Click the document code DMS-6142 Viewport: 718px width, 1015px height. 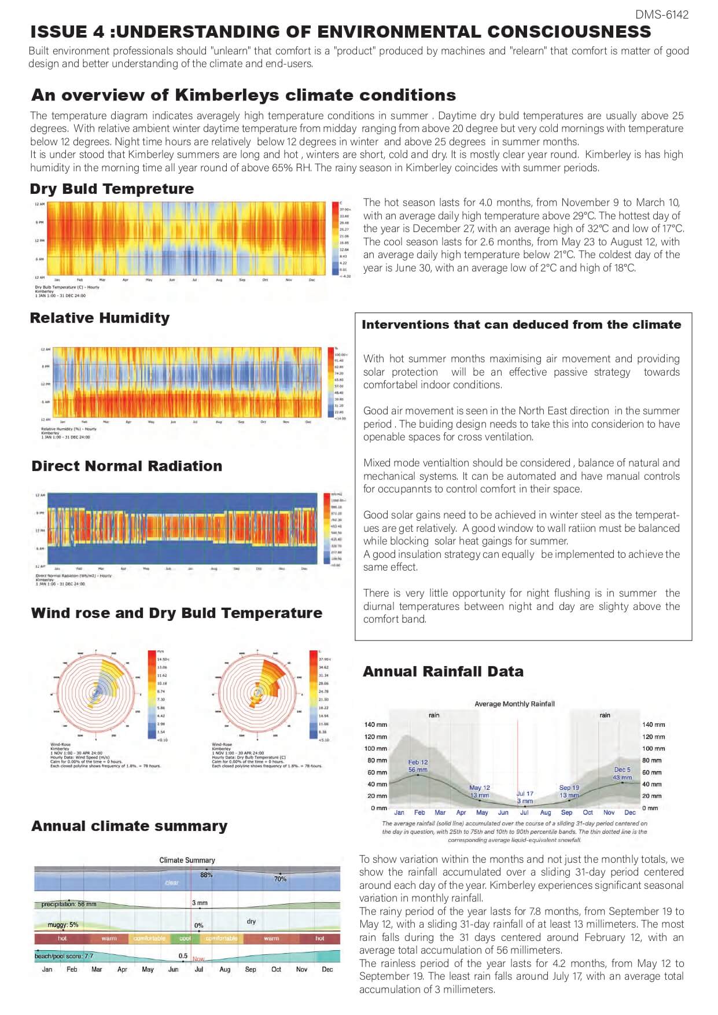[661, 14]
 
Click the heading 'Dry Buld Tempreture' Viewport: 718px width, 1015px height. [112, 189]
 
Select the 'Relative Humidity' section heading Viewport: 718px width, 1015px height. [100, 318]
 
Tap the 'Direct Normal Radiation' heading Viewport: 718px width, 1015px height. [127, 466]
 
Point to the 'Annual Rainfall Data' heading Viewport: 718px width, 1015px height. [443, 671]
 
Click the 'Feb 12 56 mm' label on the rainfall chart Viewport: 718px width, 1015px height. [418, 766]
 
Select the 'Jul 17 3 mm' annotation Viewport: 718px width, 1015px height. [525, 797]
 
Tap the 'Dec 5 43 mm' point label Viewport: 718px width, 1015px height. [622, 774]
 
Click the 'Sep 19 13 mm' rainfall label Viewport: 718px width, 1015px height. [569, 791]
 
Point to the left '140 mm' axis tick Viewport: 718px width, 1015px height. [375, 725]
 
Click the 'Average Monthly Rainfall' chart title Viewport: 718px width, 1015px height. [514, 704]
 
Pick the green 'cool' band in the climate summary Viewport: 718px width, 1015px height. [185, 938]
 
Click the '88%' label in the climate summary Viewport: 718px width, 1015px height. [207, 875]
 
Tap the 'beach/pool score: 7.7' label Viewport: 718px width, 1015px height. [64, 956]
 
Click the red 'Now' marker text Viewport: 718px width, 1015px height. [198, 959]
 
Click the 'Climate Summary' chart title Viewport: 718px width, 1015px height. [187, 860]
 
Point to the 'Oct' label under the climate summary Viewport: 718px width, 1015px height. [276, 969]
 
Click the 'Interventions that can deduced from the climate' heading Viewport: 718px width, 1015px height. [521, 325]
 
